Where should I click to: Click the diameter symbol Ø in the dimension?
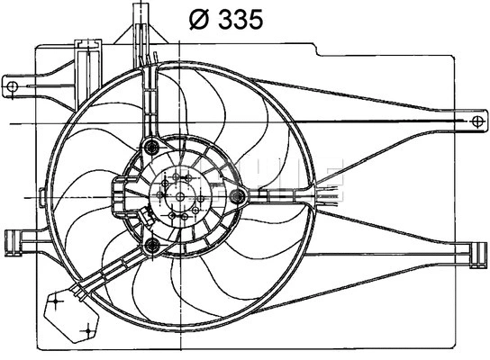tap(199, 19)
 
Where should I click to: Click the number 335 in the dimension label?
tap(238, 19)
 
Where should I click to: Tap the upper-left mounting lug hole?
tap(15, 86)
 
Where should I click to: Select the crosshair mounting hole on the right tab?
tap(475, 119)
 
